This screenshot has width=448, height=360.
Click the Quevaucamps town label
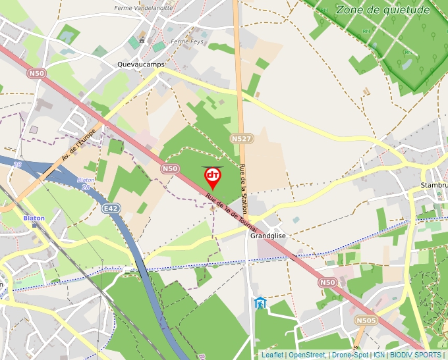pyautogui.click(x=140, y=64)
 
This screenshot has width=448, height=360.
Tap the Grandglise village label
pyautogui.click(x=266, y=235)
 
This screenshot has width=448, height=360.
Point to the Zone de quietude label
pyautogui.click(x=382, y=9)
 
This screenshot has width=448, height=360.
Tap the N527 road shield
pyautogui.click(x=241, y=139)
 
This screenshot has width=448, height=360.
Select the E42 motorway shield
pyautogui.click(x=111, y=209)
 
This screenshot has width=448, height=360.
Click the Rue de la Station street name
pyautogui.click(x=244, y=188)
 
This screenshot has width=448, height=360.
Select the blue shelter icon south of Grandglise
pyautogui.click(x=261, y=304)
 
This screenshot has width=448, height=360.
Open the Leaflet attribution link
pyautogui.click(x=272, y=355)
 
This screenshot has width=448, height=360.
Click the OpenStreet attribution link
pyautogui.click(x=306, y=355)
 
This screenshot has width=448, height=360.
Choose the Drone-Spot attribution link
pyautogui.click(x=349, y=355)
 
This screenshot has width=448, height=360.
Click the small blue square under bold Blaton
pyautogui.click(x=34, y=224)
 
